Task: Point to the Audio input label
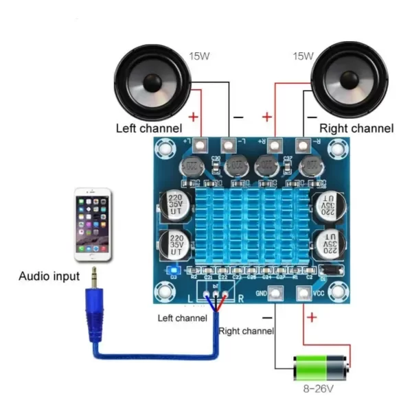(x=49, y=277)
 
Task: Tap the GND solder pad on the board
(x=275, y=294)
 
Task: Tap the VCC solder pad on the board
(x=303, y=294)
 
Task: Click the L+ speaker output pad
(x=201, y=145)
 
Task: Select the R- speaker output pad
(x=302, y=145)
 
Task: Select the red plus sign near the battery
(x=312, y=317)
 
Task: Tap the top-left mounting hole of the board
(x=164, y=148)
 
